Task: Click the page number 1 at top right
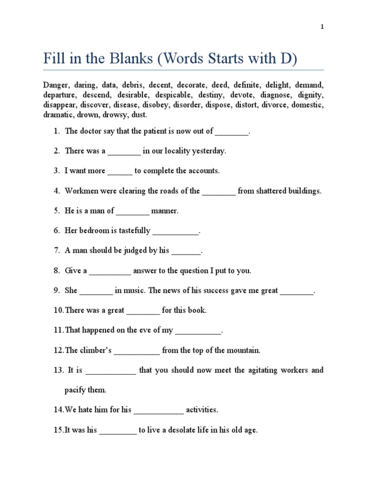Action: tap(322, 27)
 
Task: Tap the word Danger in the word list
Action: tap(56, 85)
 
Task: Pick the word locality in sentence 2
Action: tap(177, 151)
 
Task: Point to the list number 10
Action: tap(58, 311)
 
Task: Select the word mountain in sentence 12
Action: tap(244, 350)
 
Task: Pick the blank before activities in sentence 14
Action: tap(159, 410)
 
